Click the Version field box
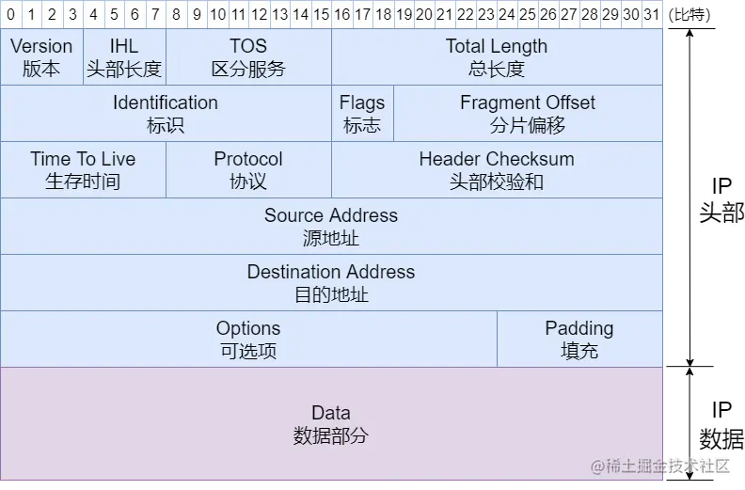[x=41, y=57]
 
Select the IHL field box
[x=124, y=57]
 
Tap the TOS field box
[x=248, y=57]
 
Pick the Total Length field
[x=497, y=57]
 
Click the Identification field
[x=166, y=114]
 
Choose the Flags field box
[x=362, y=114]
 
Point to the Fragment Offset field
[x=528, y=114]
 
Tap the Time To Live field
[x=83, y=170]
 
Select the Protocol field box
[x=248, y=170]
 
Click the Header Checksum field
[x=497, y=170]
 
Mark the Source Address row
[x=331, y=227]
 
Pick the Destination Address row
[x=331, y=283]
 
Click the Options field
[x=248, y=340]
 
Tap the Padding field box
[x=579, y=340]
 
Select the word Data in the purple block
[x=331, y=413]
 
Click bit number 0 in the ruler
[x=10, y=14]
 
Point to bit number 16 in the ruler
[x=341, y=14]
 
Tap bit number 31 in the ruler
[x=652, y=14]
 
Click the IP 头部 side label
[x=721, y=200]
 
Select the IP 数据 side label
[x=721, y=424]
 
